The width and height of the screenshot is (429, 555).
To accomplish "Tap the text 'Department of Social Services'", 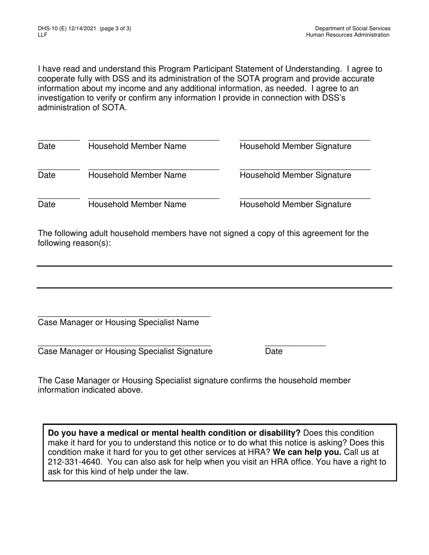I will [353, 28].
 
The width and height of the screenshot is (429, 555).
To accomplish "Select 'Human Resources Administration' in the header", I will [348, 35].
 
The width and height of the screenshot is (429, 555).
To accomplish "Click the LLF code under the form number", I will [42, 35].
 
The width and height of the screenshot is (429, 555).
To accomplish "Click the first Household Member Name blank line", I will [154, 140].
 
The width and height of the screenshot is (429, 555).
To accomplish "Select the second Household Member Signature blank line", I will [305, 169].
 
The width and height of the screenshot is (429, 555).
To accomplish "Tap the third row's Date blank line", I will [59, 198].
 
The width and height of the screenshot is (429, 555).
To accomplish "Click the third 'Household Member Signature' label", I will [295, 204].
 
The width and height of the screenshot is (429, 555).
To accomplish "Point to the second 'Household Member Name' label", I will [137, 175].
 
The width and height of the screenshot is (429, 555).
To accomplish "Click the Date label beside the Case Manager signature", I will [274, 351].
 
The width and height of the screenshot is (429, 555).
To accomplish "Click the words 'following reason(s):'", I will [74, 243].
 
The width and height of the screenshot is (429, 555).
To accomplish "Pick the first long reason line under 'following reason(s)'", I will [214, 266].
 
